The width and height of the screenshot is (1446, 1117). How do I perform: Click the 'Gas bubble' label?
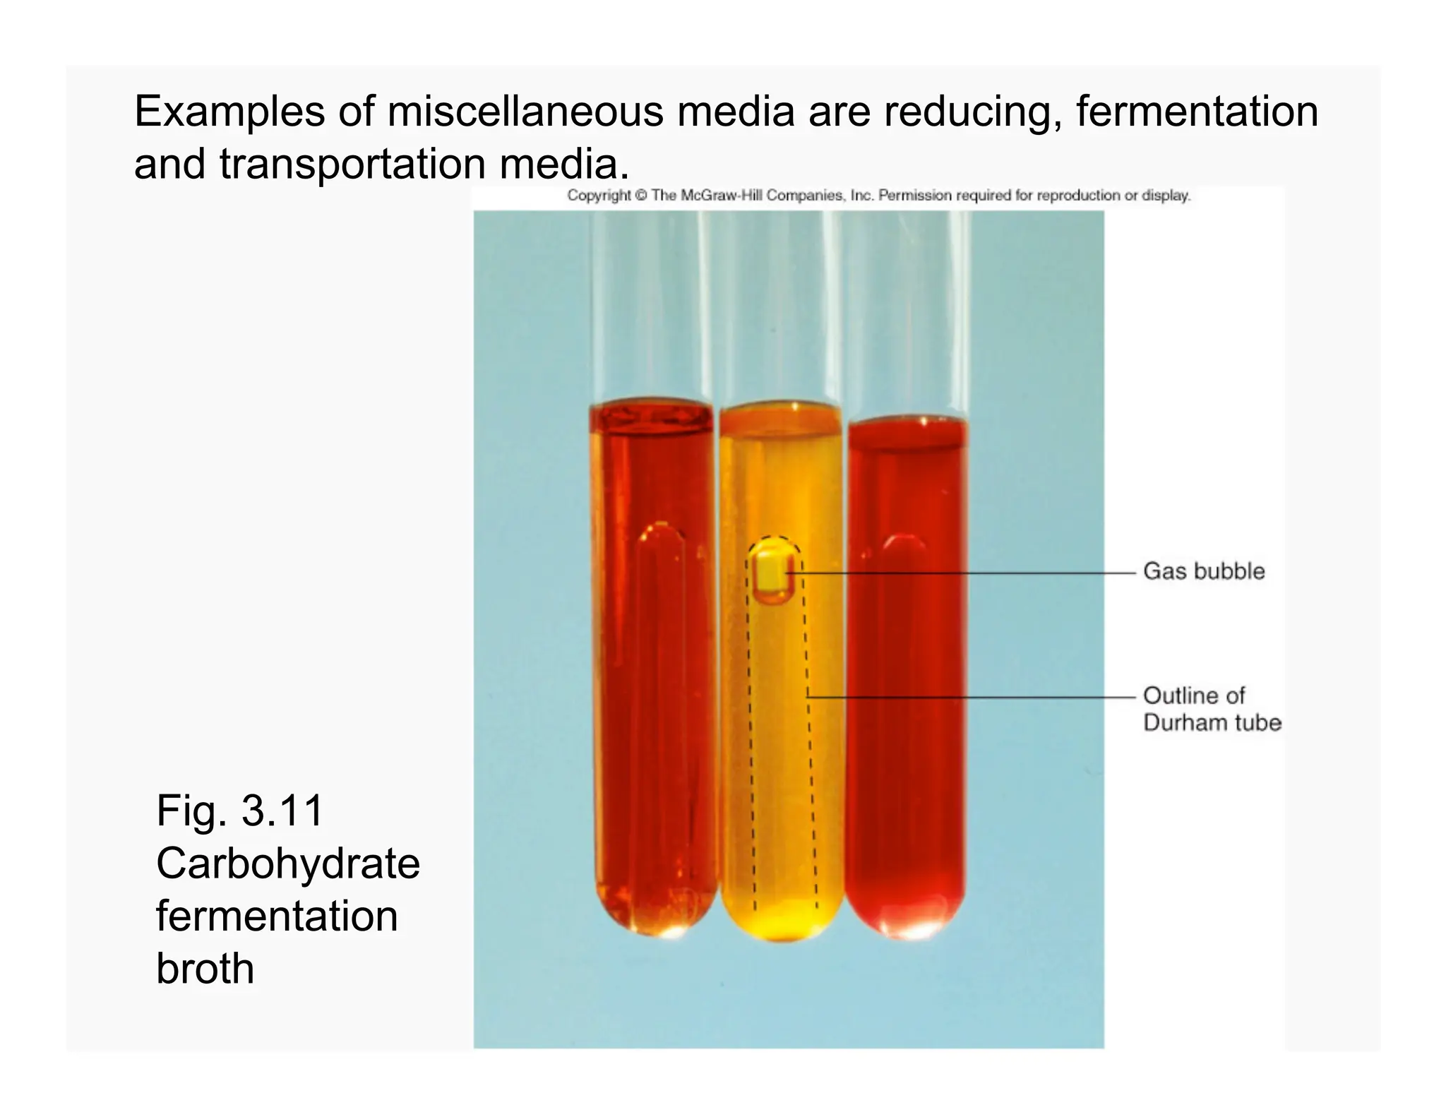(x=1203, y=571)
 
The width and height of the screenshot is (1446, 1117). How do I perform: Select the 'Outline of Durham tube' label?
(x=1211, y=709)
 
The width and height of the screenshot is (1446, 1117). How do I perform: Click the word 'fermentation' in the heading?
(x=1197, y=112)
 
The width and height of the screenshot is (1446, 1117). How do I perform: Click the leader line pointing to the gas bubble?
(x=967, y=573)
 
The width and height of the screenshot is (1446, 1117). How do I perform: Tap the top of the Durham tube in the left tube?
(x=167, y=533)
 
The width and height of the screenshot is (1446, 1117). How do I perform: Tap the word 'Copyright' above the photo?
(x=598, y=196)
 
